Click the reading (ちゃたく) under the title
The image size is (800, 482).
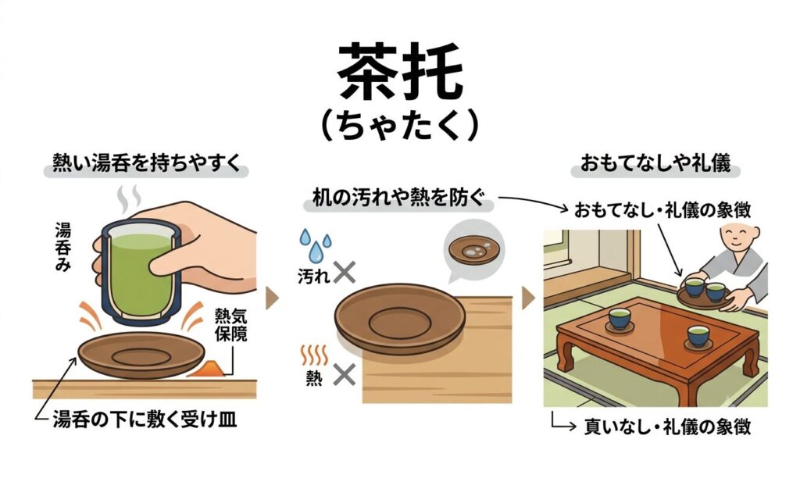[x=400, y=126]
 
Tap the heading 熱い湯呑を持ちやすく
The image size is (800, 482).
[x=146, y=163]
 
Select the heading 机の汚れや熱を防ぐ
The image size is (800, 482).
[x=398, y=198]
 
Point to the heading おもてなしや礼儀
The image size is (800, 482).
[x=655, y=163]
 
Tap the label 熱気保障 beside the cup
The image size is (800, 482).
[x=230, y=325]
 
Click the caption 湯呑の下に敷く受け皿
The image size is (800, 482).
[x=145, y=420]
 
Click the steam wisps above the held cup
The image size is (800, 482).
[x=129, y=199]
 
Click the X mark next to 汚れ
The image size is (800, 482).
[x=345, y=272]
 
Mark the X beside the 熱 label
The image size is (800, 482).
[x=345, y=376]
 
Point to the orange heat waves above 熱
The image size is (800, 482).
[x=314, y=355]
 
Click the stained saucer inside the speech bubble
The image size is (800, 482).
[x=474, y=249]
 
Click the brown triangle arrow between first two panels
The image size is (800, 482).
[x=273, y=298]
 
